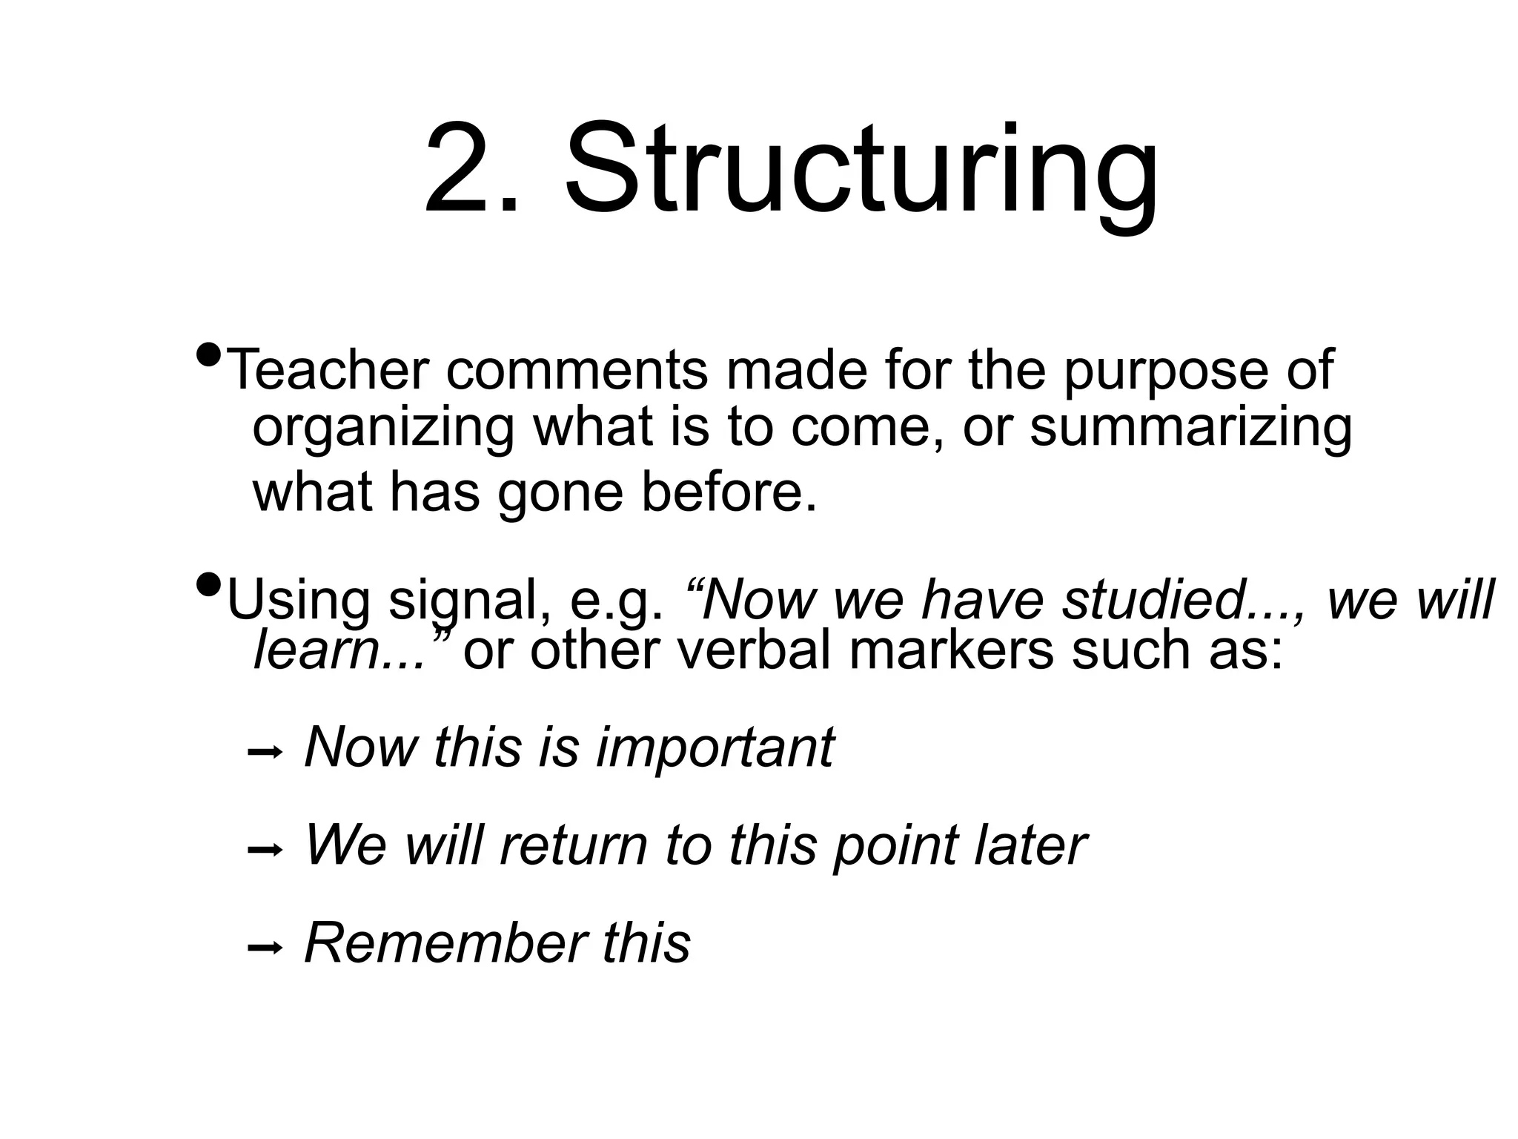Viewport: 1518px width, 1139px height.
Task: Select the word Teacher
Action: point(327,369)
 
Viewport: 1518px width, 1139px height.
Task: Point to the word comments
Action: point(577,369)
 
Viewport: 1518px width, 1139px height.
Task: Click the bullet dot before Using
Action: point(209,586)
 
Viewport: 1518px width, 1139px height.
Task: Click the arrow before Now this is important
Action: point(265,753)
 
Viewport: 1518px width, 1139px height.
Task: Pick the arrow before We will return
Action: point(265,851)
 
